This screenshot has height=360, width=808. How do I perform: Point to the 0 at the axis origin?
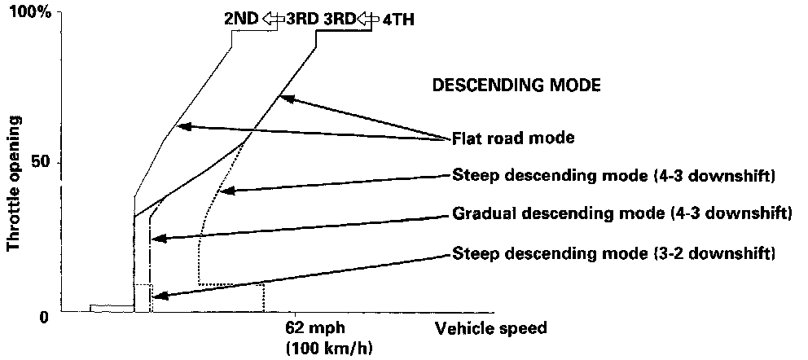[45, 317]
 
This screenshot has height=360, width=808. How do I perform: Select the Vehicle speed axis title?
[490, 329]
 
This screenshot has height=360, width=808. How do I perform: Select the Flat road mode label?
[513, 138]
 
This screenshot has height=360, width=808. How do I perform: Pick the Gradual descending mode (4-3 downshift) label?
[621, 215]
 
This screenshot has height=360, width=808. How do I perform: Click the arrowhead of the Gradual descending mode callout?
[155, 239]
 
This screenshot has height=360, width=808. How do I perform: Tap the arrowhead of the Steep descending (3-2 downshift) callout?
[156, 298]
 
